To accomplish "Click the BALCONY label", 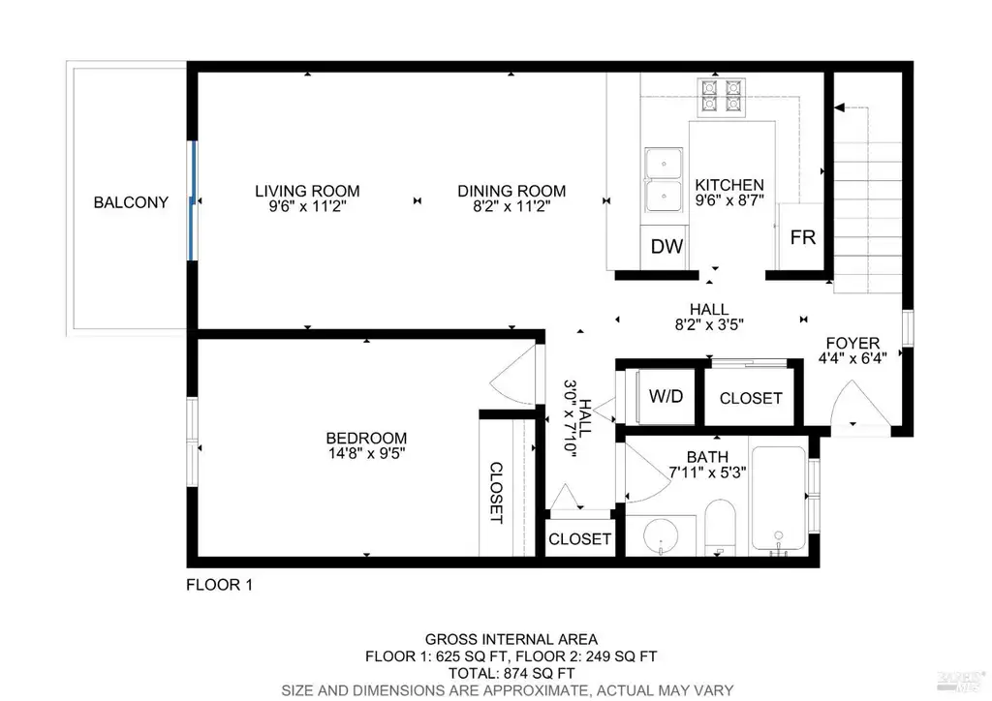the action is click(131, 202).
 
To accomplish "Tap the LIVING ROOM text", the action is click(307, 191).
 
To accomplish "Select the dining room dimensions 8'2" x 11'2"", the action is click(511, 206).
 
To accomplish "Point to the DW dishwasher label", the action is click(666, 247).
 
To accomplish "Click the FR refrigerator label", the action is click(803, 237).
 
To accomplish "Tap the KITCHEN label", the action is click(729, 185).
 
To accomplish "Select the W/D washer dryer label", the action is click(666, 396).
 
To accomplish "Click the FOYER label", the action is click(852, 343).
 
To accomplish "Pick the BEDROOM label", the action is click(366, 438).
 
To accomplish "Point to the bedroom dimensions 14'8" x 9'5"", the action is click(367, 453).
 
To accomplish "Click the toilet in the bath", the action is click(721, 527).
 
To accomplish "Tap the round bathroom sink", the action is click(661, 535).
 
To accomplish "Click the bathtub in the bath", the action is click(778, 499).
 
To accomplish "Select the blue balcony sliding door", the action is click(193, 199).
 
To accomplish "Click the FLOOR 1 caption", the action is click(220, 585).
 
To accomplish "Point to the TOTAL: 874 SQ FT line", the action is click(511, 673).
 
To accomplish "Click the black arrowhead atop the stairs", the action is click(840, 107).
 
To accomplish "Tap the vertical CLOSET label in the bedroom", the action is click(497, 493).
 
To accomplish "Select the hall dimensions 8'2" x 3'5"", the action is click(709, 325).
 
